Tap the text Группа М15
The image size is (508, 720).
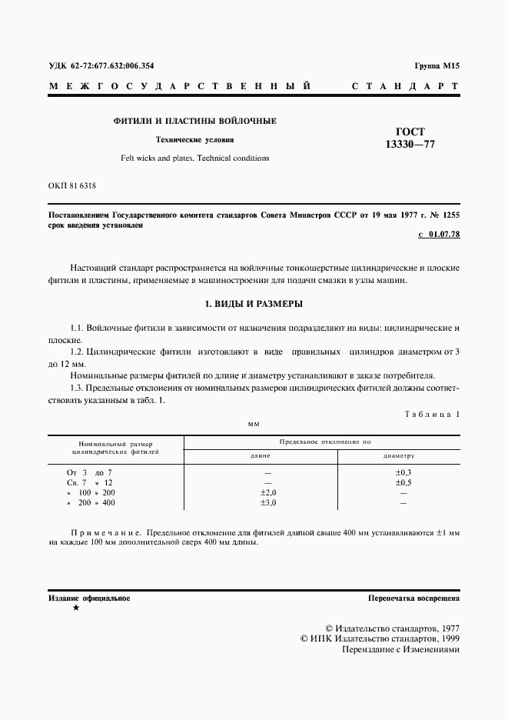pos(436,67)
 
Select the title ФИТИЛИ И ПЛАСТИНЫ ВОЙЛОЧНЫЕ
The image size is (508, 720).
pos(195,122)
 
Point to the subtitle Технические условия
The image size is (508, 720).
pos(195,140)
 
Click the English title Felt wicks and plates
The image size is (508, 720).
pos(195,158)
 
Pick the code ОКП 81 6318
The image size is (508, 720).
pos(72,186)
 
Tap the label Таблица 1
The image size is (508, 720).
pos(431,415)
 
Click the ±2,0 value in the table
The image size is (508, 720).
pos(267,492)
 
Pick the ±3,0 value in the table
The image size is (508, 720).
pos(267,503)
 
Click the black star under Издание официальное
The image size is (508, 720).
pos(75,608)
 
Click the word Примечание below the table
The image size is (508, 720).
pos(104,532)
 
